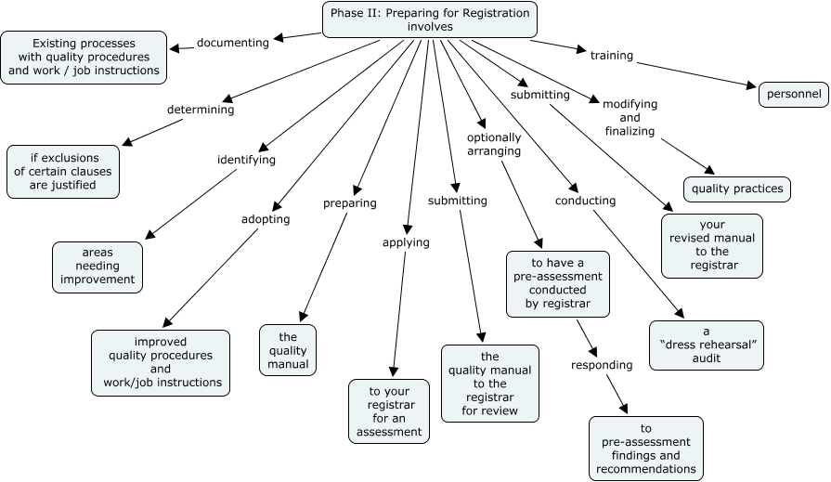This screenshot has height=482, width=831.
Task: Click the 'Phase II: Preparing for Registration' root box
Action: click(x=430, y=20)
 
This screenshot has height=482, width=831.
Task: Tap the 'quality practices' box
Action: click(x=737, y=189)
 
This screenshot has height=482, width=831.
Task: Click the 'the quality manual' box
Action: click(x=288, y=350)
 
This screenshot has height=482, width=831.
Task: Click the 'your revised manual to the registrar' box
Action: click(x=712, y=245)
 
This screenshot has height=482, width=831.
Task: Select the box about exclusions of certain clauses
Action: click(x=63, y=171)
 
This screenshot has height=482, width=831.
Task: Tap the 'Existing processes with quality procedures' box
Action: click(x=84, y=57)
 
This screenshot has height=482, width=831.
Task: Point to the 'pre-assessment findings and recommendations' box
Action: click(x=646, y=449)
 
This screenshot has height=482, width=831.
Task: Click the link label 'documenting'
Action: click(x=233, y=43)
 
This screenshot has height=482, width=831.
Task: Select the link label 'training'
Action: click(x=612, y=56)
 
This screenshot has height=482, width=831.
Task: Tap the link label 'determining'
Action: click(x=201, y=110)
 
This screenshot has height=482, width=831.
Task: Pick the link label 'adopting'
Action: click(x=266, y=219)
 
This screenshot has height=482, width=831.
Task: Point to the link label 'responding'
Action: click(x=602, y=365)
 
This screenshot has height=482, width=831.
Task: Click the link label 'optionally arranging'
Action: click(x=494, y=144)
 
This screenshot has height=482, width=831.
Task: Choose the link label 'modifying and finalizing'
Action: click(x=630, y=118)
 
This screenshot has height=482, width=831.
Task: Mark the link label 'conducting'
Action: click(x=585, y=201)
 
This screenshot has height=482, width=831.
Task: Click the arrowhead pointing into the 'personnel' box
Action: click(x=754, y=87)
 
